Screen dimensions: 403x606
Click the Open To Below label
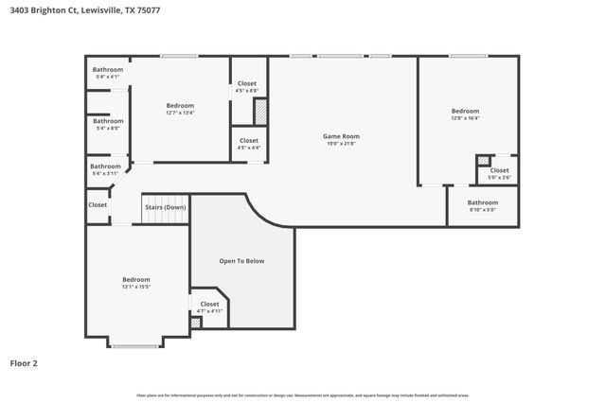241,260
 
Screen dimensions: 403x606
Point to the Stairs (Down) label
165,207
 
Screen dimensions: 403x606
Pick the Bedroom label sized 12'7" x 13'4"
180,105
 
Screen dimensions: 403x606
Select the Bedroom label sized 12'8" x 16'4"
465,111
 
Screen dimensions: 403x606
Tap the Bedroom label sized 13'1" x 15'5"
135,279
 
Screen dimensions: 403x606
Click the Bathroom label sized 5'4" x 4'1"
107,70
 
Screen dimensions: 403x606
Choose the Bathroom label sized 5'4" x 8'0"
107,121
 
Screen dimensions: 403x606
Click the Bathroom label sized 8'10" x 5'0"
482,201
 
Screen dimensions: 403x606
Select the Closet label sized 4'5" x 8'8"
246,84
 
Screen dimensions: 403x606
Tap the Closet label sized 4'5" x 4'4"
248,141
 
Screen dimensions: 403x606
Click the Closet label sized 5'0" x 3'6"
499,170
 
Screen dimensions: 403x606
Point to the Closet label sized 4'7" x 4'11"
209,304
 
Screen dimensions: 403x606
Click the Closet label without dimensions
98,204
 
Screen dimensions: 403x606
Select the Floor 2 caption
25,362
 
